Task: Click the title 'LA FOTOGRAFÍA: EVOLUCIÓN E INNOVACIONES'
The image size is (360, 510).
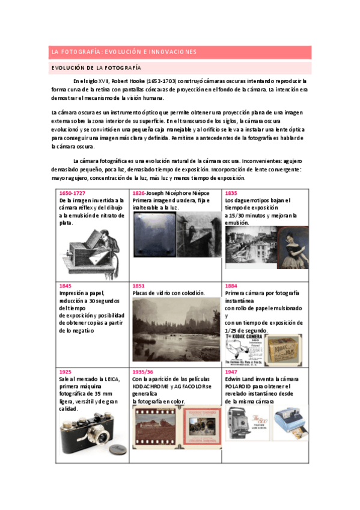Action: coord(123,52)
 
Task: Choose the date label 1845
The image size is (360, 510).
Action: coord(66,286)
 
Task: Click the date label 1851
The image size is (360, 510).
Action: coord(138,286)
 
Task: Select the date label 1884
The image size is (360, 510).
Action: coord(231,286)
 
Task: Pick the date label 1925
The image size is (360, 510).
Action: coord(66,372)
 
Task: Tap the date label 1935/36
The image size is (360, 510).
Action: coord(143,372)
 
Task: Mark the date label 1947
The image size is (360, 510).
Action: coord(231,372)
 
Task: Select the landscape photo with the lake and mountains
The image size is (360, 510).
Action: coord(175,327)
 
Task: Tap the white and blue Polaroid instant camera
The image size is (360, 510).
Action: coord(289,421)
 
